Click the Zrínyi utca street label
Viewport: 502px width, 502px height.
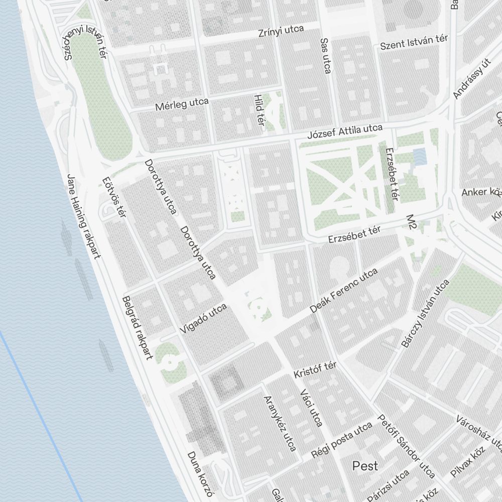pyautogui.click(x=281, y=31)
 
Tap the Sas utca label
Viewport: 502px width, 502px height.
pyautogui.click(x=325, y=56)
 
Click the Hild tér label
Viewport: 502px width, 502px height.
pyautogui.click(x=259, y=109)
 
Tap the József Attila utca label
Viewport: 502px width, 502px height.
pyautogui.click(x=345, y=133)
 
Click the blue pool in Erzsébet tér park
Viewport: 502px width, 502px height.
pyautogui.click(x=419, y=156)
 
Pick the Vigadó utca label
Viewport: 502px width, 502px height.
pyautogui.click(x=203, y=319)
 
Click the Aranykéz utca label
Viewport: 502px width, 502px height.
pyautogui.click(x=280, y=423)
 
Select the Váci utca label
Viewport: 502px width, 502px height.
pyautogui.click(x=310, y=408)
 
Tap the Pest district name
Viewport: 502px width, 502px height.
pyautogui.click(x=365, y=466)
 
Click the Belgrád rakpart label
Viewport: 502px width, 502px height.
pyautogui.click(x=137, y=328)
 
